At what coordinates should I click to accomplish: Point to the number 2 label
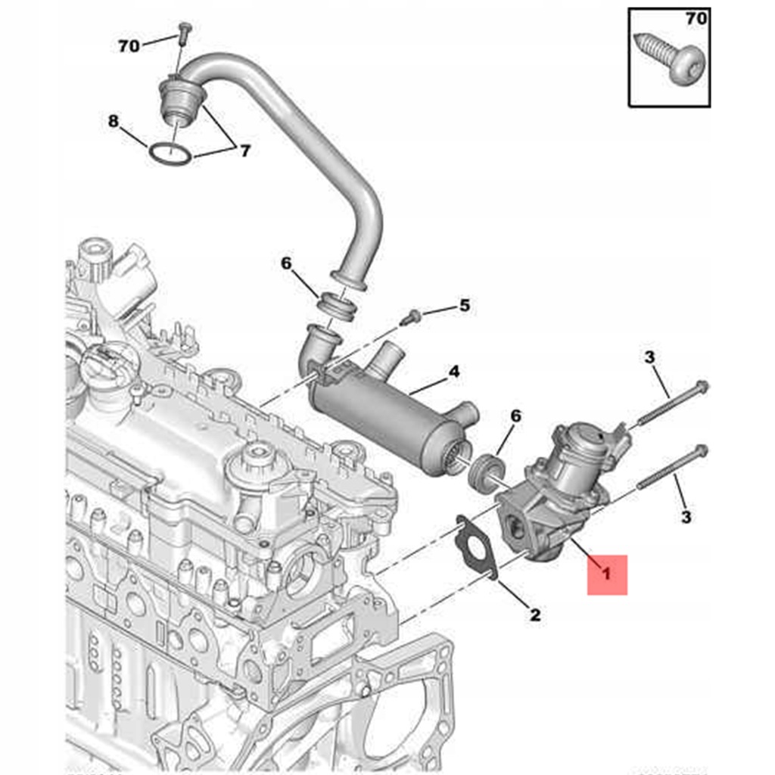tap(535, 615)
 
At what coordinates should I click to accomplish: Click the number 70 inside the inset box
tap(696, 19)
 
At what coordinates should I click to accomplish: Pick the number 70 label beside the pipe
tap(129, 46)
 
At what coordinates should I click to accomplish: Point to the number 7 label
tap(244, 151)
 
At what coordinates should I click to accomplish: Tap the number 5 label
tap(465, 306)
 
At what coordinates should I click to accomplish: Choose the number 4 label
tap(453, 372)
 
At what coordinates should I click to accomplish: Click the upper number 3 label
tap(649, 358)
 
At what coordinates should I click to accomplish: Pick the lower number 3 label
tap(686, 517)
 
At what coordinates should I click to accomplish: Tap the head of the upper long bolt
tap(701, 386)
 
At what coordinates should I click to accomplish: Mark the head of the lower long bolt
tap(701, 451)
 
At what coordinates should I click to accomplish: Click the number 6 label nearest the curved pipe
tap(285, 263)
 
